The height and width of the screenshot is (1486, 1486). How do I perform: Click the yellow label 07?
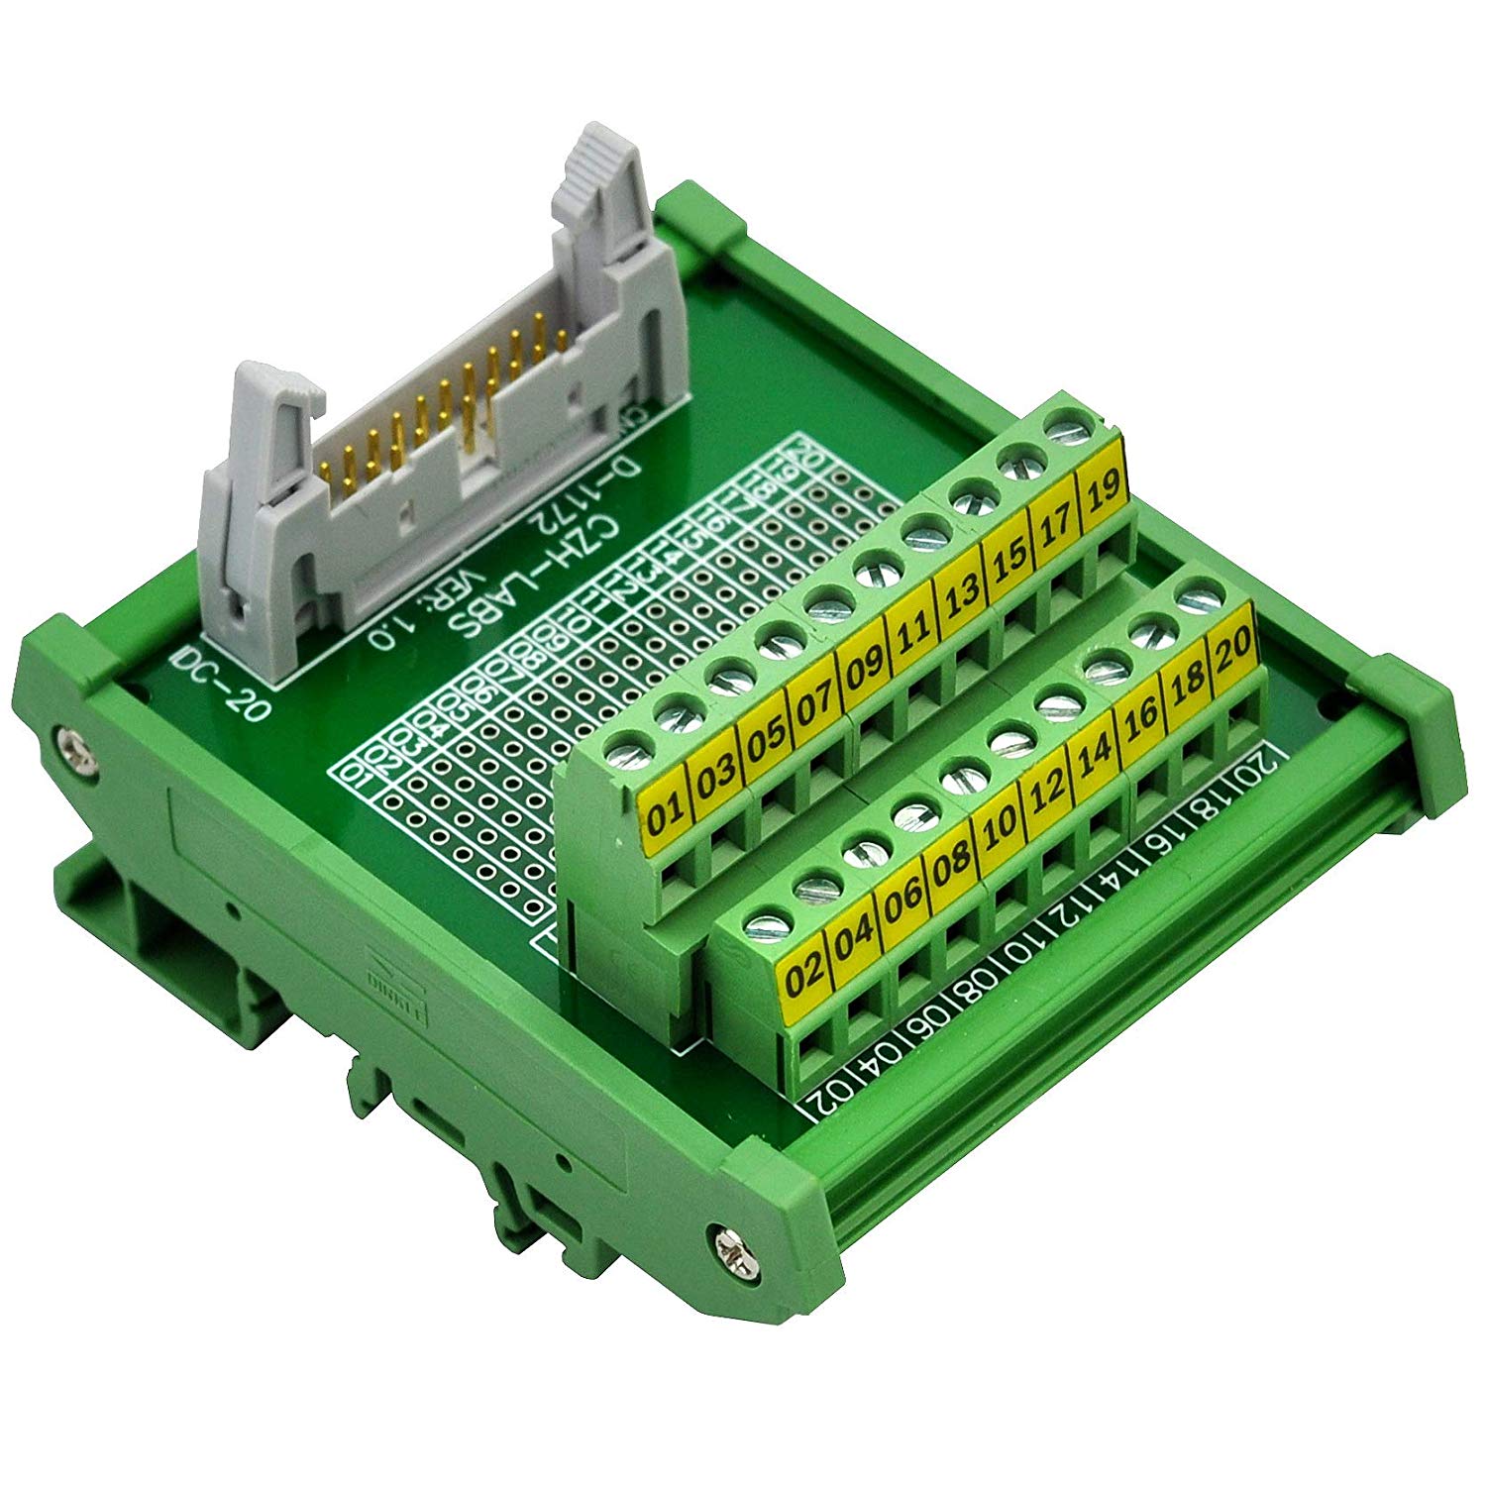(814, 705)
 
